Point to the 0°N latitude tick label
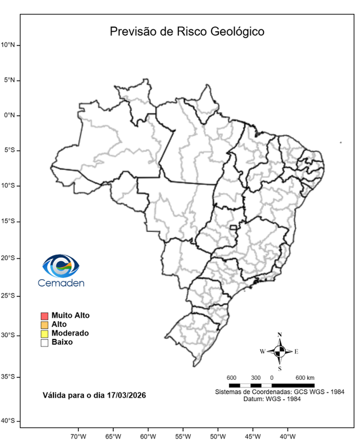pos(10,115)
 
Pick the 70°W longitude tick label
pos(78,436)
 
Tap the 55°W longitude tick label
pos(183,436)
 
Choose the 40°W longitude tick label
pos(288,436)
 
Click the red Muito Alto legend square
pos(44,316)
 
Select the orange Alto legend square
pos(44,325)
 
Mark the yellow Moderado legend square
pos(44,333)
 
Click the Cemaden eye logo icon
pos(61,265)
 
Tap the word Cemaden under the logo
pos(61,283)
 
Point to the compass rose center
pos(279,351)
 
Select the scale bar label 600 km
pos(305,378)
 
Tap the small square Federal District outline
pos(233,228)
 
